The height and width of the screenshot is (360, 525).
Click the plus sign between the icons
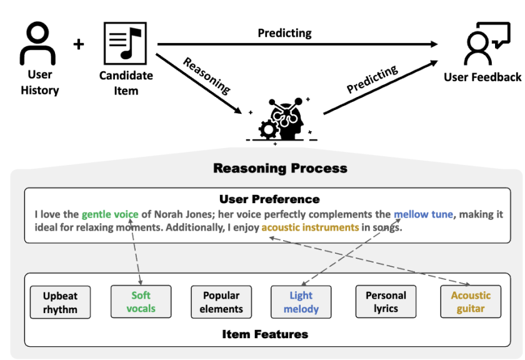[x=79, y=44]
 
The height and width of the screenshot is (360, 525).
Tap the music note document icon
[x=125, y=43]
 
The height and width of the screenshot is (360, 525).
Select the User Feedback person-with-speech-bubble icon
[x=487, y=44]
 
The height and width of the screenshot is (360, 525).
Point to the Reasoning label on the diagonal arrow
[x=207, y=76]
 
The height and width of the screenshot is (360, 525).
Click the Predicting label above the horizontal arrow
[x=284, y=33]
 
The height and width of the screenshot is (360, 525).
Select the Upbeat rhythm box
[x=60, y=302]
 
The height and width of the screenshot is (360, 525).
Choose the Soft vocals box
[x=141, y=301]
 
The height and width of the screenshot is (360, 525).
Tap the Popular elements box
[x=221, y=302]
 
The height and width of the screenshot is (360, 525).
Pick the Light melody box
[x=301, y=302]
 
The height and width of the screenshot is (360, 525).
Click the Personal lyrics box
[x=386, y=301]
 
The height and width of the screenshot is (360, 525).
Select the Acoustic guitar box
[x=471, y=301]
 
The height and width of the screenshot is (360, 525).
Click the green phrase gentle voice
[x=110, y=214]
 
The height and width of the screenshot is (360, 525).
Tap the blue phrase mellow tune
[x=423, y=214]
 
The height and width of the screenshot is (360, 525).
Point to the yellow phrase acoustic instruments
[x=310, y=227]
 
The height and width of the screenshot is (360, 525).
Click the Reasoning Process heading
[x=280, y=168]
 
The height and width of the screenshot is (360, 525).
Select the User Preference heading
[x=269, y=199]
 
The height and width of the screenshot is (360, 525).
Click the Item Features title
[x=265, y=334]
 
